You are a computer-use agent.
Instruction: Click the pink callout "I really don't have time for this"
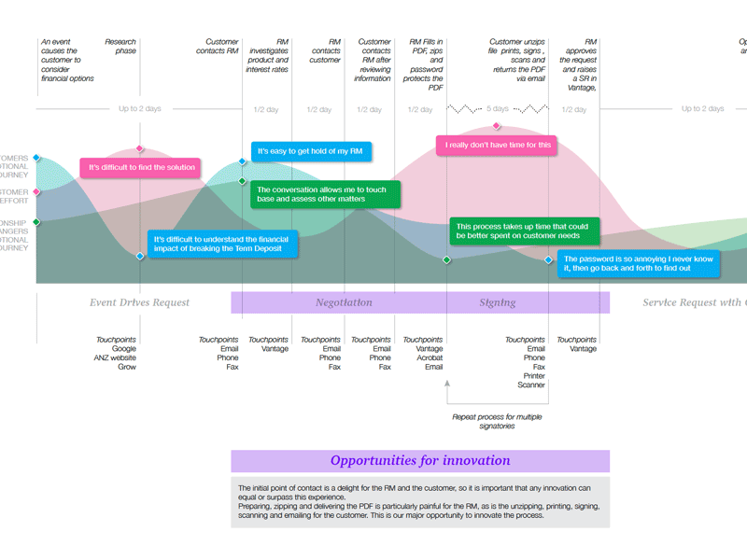pos(498,146)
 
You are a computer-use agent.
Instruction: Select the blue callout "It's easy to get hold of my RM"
pos(315,151)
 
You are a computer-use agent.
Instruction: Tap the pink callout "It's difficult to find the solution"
pos(141,168)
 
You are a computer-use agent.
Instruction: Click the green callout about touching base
pos(325,195)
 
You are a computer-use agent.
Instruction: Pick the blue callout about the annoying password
pos(640,263)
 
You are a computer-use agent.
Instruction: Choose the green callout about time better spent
pos(523,231)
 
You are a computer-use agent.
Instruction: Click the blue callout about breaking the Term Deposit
pos(222,245)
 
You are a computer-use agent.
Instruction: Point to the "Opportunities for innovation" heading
pos(420,461)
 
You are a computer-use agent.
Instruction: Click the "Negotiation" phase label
pos(344,302)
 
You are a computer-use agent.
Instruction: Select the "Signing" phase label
pos(498,302)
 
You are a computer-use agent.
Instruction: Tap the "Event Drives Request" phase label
pos(139,302)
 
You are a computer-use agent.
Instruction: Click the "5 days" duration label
pos(498,109)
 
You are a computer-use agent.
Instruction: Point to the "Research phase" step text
pos(120,47)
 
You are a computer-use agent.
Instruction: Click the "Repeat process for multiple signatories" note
pos(497,421)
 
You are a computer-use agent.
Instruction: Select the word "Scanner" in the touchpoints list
pos(531,385)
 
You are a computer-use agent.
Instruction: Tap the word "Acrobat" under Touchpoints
pos(430,357)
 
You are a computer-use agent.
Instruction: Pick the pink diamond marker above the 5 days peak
pos(497,126)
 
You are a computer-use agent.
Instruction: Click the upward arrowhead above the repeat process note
pos(447,383)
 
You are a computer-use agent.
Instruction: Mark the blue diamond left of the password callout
pos(549,260)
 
